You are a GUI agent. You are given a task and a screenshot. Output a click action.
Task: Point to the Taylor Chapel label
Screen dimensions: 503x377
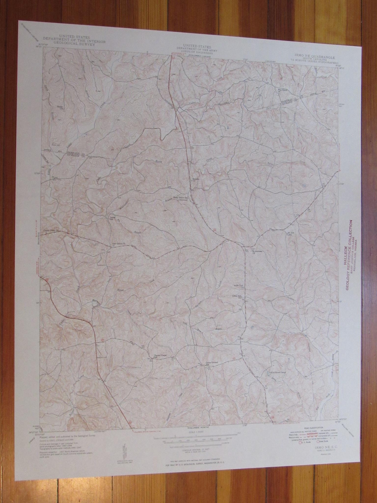click(x=159, y=356)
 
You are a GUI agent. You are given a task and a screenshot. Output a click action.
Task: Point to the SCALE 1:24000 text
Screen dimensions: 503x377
click(x=185, y=434)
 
